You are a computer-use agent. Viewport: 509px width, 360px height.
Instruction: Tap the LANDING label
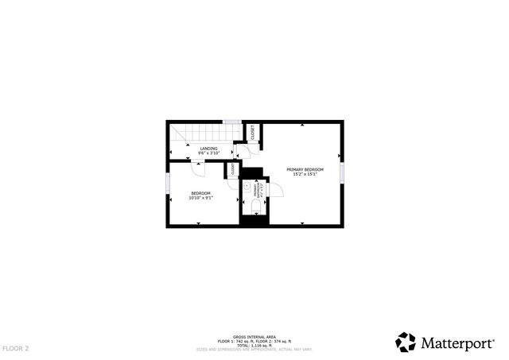click(x=208, y=149)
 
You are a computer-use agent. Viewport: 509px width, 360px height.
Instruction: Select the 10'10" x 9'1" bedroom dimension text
click(x=200, y=198)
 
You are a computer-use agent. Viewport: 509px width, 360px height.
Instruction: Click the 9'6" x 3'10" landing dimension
click(x=208, y=153)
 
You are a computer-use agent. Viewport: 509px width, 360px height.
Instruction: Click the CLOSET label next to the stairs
click(x=252, y=134)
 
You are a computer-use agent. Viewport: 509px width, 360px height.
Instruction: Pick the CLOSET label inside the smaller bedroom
click(x=232, y=169)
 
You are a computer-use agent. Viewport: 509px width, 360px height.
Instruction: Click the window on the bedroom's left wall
click(x=167, y=184)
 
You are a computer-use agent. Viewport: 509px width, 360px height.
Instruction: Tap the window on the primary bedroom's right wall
click(x=342, y=172)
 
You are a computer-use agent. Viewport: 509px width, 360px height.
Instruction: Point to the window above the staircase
click(x=231, y=121)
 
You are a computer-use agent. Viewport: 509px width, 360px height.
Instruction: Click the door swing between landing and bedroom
click(x=198, y=168)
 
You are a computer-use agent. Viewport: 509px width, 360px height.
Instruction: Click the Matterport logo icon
click(x=406, y=342)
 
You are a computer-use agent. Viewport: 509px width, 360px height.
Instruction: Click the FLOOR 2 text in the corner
click(x=15, y=348)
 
